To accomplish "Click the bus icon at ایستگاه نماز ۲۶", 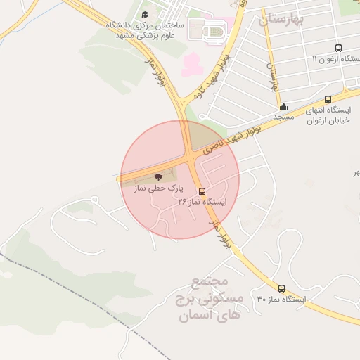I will pyautogui.click(x=202, y=191).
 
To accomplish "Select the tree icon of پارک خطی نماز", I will pyautogui.click(x=157, y=177).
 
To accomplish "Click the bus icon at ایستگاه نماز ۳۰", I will pyautogui.click(x=282, y=288).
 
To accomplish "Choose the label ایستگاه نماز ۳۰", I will pyautogui.click(x=282, y=300).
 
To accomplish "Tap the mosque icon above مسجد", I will pyautogui.click(x=283, y=107).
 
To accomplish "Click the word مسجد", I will pyautogui.click(x=283, y=117).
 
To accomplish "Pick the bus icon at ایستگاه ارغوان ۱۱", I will pyautogui.click(x=339, y=49).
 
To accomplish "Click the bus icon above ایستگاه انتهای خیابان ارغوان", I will pyautogui.click(x=328, y=99).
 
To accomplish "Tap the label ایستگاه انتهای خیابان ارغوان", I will pyautogui.click(x=328, y=115).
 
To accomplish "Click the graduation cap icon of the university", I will pyautogui.click(x=145, y=14).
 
